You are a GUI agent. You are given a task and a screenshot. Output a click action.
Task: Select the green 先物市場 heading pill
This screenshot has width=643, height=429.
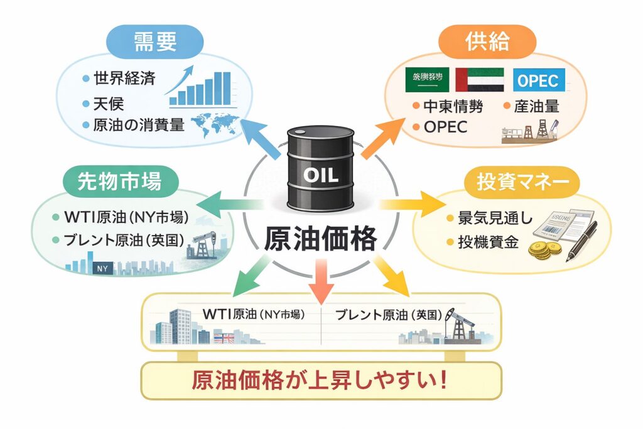click(x=120, y=181)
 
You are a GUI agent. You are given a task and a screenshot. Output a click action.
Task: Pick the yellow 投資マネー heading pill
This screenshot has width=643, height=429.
click(x=522, y=182)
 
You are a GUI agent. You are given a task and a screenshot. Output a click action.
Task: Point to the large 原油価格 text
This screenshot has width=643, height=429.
click(x=320, y=239)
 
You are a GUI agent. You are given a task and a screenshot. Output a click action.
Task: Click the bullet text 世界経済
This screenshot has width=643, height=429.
click(x=124, y=79)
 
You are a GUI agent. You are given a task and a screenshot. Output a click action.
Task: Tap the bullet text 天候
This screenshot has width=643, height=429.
click(x=109, y=102)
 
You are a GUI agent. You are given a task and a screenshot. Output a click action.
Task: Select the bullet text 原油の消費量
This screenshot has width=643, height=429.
click(x=138, y=124)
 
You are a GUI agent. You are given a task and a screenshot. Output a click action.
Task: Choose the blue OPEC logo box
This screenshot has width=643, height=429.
click(x=539, y=80)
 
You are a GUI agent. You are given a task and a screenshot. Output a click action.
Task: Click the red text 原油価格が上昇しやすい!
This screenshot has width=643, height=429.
click(x=320, y=381)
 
